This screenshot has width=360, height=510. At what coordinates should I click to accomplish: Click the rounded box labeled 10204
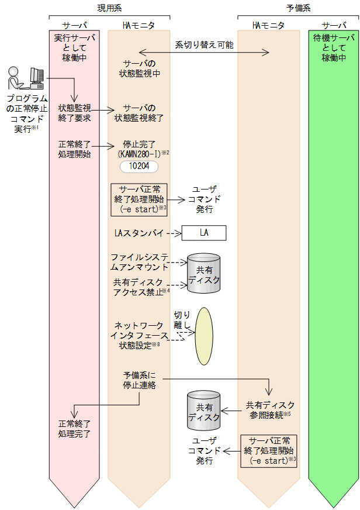pyautogui.click(x=139, y=167)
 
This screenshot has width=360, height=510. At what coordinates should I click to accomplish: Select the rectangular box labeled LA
pyautogui.click(x=203, y=233)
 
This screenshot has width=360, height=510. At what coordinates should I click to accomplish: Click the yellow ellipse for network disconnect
pyautogui.click(x=204, y=335)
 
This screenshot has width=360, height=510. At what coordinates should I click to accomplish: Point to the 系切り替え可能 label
pyautogui.click(x=204, y=44)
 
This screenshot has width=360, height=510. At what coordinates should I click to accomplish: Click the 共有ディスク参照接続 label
pyautogui.click(x=269, y=409)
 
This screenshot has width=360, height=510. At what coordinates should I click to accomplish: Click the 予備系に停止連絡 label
pyautogui.click(x=139, y=380)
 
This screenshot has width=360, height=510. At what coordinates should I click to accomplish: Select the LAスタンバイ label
pyautogui.click(x=139, y=233)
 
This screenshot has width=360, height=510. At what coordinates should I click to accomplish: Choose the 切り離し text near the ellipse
pyautogui.click(x=182, y=319)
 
